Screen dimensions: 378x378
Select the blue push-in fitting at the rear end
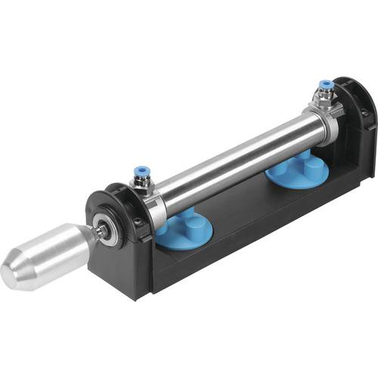pyautogui.click(x=324, y=85)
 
